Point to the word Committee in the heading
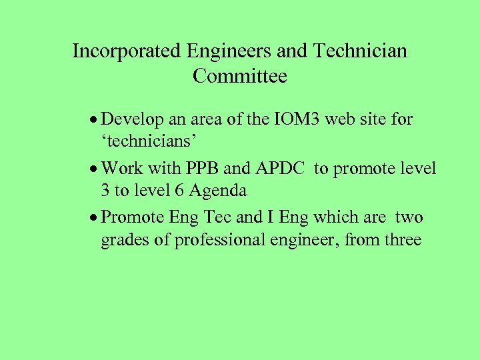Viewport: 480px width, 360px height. (240, 77)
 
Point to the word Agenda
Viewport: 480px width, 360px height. (218, 191)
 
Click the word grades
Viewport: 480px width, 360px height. (125, 241)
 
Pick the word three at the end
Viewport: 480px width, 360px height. (403, 240)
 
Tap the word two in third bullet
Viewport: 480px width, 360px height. (409, 218)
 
